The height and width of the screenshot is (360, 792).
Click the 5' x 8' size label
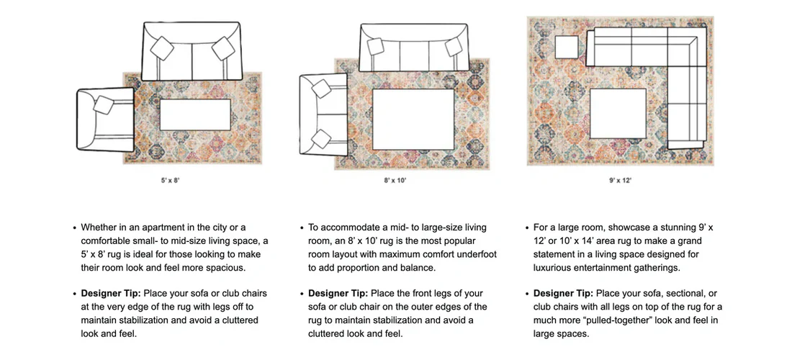point(170,181)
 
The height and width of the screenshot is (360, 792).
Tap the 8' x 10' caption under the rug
point(395,181)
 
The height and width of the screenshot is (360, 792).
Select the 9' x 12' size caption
point(620,181)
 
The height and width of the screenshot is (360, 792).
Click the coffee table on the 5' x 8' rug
point(194,115)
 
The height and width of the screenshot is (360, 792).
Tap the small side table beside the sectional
point(567,48)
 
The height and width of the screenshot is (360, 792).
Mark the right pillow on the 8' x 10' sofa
point(454,47)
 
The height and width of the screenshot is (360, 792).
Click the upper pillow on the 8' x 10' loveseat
point(318,88)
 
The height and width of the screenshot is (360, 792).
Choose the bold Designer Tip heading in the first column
point(110,294)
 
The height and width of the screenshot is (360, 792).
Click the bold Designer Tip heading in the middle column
point(338,294)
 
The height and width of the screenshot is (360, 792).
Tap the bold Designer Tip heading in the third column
point(563,294)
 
